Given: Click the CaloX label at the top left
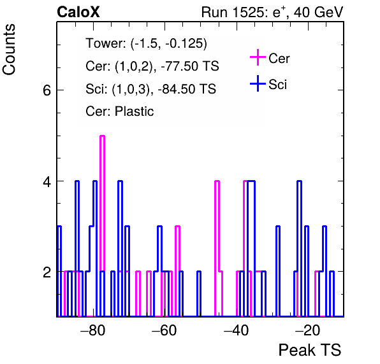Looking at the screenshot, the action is click(x=78, y=12).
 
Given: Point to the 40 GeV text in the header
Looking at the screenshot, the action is click(x=318, y=12).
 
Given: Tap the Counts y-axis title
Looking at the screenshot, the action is click(x=9, y=50).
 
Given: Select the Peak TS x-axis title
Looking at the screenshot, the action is click(x=310, y=350).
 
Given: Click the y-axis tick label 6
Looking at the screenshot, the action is click(x=47, y=90).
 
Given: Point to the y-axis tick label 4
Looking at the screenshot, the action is click(x=47, y=181).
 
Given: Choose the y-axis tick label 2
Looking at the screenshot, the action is click(x=47, y=272).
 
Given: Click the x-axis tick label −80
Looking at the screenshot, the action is click(x=93, y=330).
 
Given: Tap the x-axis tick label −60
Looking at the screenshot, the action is click(x=164, y=330).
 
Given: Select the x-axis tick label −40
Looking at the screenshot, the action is click(x=236, y=330).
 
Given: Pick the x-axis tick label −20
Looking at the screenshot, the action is click(x=307, y=330).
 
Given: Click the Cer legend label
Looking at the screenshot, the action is click(x=279, y=59).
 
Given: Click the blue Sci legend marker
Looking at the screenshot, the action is click(x=258, y=83).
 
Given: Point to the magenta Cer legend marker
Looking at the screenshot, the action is click(x=258, y=57).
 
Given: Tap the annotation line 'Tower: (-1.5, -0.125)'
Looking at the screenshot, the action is click(x=147, y=43).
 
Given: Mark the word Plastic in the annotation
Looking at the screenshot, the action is click(x=134, y=111).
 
